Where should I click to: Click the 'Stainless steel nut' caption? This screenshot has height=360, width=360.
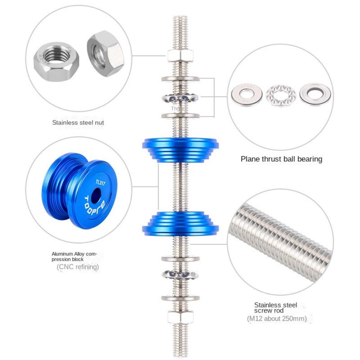(78, 122)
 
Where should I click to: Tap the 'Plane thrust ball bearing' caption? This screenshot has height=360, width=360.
(281, 159)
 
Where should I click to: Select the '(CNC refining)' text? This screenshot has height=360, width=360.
(78, 267)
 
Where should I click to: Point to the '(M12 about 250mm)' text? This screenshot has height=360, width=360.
(277, 319)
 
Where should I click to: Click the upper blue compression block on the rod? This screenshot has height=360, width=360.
(180, 148)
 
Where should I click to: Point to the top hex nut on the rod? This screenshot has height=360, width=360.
(180, 56)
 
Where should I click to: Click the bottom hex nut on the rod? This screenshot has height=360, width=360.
(180, 317)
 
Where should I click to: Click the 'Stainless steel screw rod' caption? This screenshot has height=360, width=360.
(275, 308)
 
